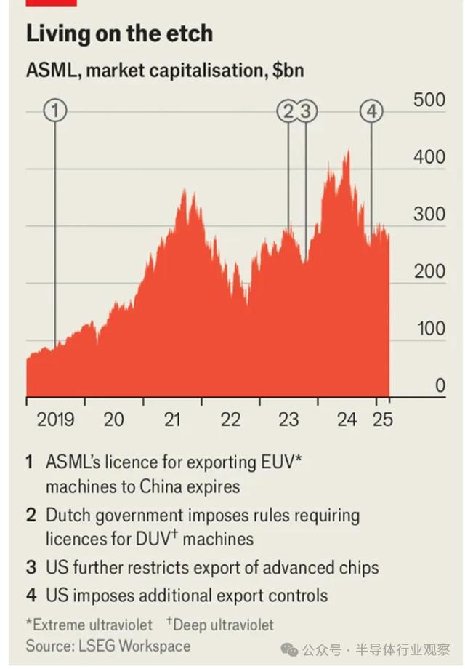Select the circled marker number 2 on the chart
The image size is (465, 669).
pos(288,111)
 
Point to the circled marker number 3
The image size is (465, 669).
pos(306,111)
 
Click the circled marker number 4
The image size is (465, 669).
pos(371,111)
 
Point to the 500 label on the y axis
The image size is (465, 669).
pos(429,100)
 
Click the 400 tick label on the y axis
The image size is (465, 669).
pos(429,157)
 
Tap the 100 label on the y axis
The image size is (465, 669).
pos(429,329)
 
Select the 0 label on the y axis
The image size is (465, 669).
pos(439,385)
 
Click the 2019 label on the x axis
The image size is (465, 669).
pos(56,420)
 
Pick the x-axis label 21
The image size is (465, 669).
pos(172,420)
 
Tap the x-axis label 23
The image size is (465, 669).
pos(288,420)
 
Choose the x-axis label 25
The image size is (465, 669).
pos(382,420)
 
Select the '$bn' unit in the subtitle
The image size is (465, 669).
pos(288,71)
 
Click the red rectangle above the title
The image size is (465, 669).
pos(51,3)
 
